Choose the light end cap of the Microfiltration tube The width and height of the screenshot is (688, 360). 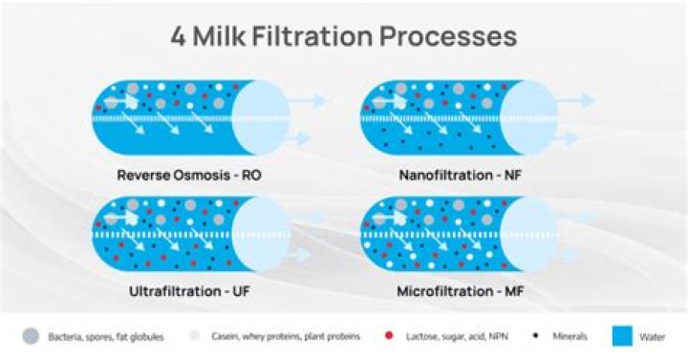527,230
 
